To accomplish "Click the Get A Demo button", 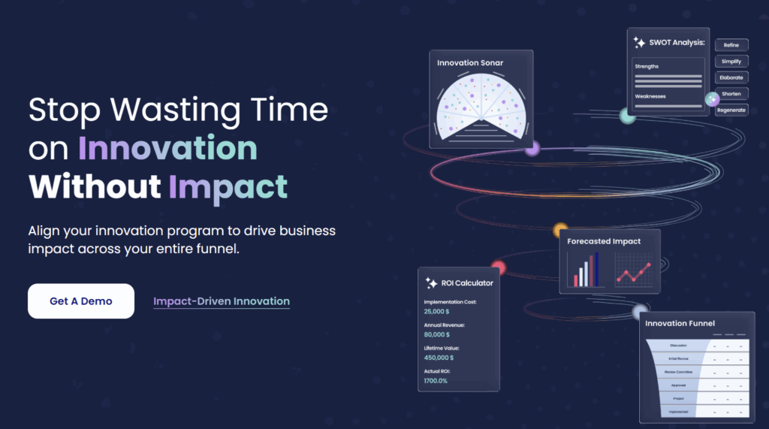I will (x=81, y=301).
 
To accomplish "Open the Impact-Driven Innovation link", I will (x=222, y=301).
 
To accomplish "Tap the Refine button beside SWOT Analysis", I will (x=731, y=45).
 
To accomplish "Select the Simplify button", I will (x=731, y=61).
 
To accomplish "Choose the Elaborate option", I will (x=731, y=77).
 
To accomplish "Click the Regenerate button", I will (x=731, y=110).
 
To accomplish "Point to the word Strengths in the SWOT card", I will (x=647, y=67).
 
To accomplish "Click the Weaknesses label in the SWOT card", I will (x=650, y=96).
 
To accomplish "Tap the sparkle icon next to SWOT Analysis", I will (x=639, y=43).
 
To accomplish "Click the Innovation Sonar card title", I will (x=470, y=63).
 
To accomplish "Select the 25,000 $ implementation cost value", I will (x=437, y=311).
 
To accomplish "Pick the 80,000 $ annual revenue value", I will (x=437, y=334).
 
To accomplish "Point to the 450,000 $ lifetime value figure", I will (x=439, y=358).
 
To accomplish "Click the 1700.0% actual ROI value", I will (x=436, y=381).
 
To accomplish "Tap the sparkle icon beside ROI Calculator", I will (x=431, y=283).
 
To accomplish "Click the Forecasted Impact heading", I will (x=604, y=241).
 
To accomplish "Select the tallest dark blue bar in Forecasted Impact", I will (x=597, y=270).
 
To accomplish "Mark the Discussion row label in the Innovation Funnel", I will (x=679, y=346).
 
